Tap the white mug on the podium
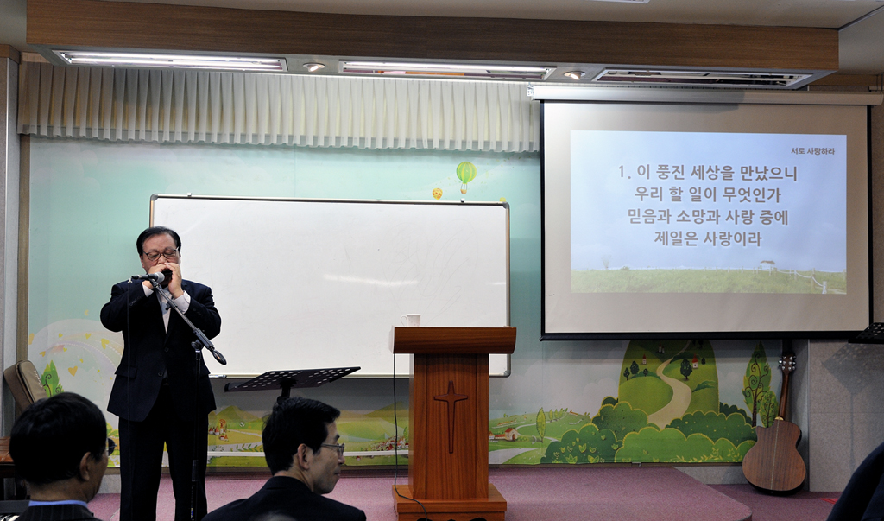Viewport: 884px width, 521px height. [412, 320]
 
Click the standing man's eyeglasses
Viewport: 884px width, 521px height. [161, 255]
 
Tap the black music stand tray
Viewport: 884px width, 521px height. [292, 378]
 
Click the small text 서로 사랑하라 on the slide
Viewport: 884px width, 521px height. [812, 150]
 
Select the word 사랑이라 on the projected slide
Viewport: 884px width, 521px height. [732, 238]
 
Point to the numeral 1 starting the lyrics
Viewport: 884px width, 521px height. [622, 172]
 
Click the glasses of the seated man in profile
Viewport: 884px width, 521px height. [333, 448]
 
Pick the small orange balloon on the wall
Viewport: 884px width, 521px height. [437, 194]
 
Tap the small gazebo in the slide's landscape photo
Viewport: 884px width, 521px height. [767, 264]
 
